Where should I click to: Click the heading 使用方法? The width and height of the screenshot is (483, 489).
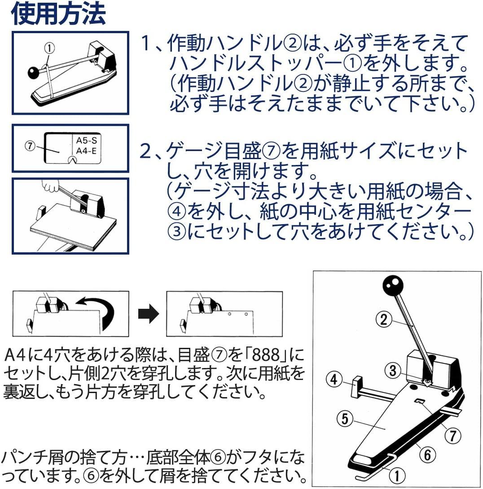pyautogui.click(x=58, y=14)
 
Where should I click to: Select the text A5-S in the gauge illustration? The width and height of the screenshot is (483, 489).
pyautogui.click(x=87, y=140)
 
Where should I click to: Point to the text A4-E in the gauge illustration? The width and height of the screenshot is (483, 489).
pyautogui.click(x=87, y=151)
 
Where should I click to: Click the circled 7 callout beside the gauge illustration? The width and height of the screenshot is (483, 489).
pyautogui.click(x=30, y=146)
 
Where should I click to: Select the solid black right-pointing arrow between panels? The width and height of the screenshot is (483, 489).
pyautogui.click(x=149, y=313)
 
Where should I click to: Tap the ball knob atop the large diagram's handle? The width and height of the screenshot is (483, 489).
pyautogui.click(x=393, y=286)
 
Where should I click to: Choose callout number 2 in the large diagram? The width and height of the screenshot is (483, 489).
pyautogui.click(x=384, y=320)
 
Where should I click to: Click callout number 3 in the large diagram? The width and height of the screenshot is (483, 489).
pyautogui.click(x=393, y=370)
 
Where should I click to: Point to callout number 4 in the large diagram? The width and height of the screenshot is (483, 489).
pyautogui.click(x=334, y=379)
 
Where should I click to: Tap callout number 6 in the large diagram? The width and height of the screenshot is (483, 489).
pyautogui.click(x=427, y=454)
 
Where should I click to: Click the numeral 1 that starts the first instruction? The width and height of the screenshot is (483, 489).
pyautogui.click(x=145, y=43)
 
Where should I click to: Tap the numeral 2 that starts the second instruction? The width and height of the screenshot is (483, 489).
pyautogui.click(x=145, y=151)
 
